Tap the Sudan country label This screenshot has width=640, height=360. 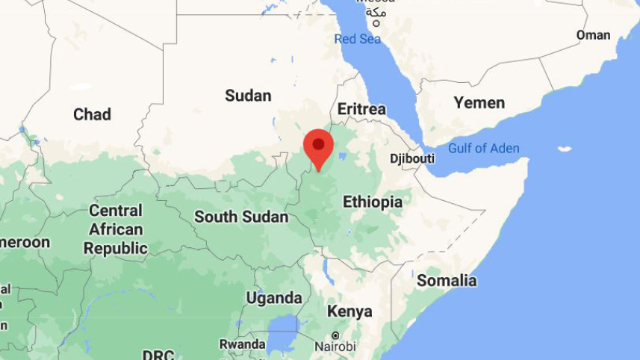point(248,96)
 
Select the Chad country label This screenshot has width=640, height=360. point(92,114)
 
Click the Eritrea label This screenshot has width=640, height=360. point(361,109)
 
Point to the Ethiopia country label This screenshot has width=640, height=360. point(372,202)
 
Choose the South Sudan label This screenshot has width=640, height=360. point(241,217)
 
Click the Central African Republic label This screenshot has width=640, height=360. point(115,229)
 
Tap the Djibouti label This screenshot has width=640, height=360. point(412,158)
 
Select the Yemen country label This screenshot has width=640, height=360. point(479,102)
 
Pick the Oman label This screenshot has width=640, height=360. point(593,35)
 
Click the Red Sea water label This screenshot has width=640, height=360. point(358,39)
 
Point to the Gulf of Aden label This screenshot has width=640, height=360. point(483,148)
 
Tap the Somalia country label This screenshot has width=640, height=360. point(447,281)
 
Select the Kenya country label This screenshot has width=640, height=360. point(349,311)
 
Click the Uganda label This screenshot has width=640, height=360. point(274,298)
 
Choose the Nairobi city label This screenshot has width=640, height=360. point(335,347)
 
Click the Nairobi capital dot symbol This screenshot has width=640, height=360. point(335,335)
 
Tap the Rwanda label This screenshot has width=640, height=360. point(242,344)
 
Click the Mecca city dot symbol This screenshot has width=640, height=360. point(376,23)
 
